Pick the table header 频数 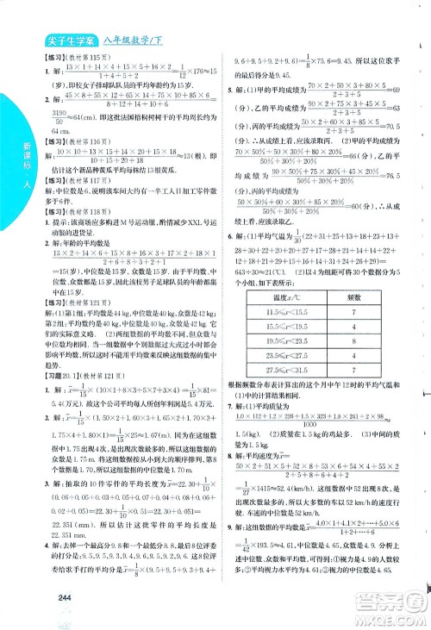(x=353, y=296)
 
